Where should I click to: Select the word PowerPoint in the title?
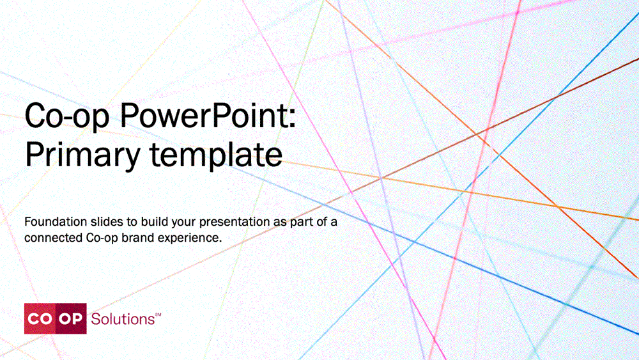[x=203, y=114]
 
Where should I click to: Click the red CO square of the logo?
[x=40, y=318]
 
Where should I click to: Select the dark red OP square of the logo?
[x=71, y=318]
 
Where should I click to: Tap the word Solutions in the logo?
[x=122, y=319]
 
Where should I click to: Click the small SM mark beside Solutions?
[x=158, y=315]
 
